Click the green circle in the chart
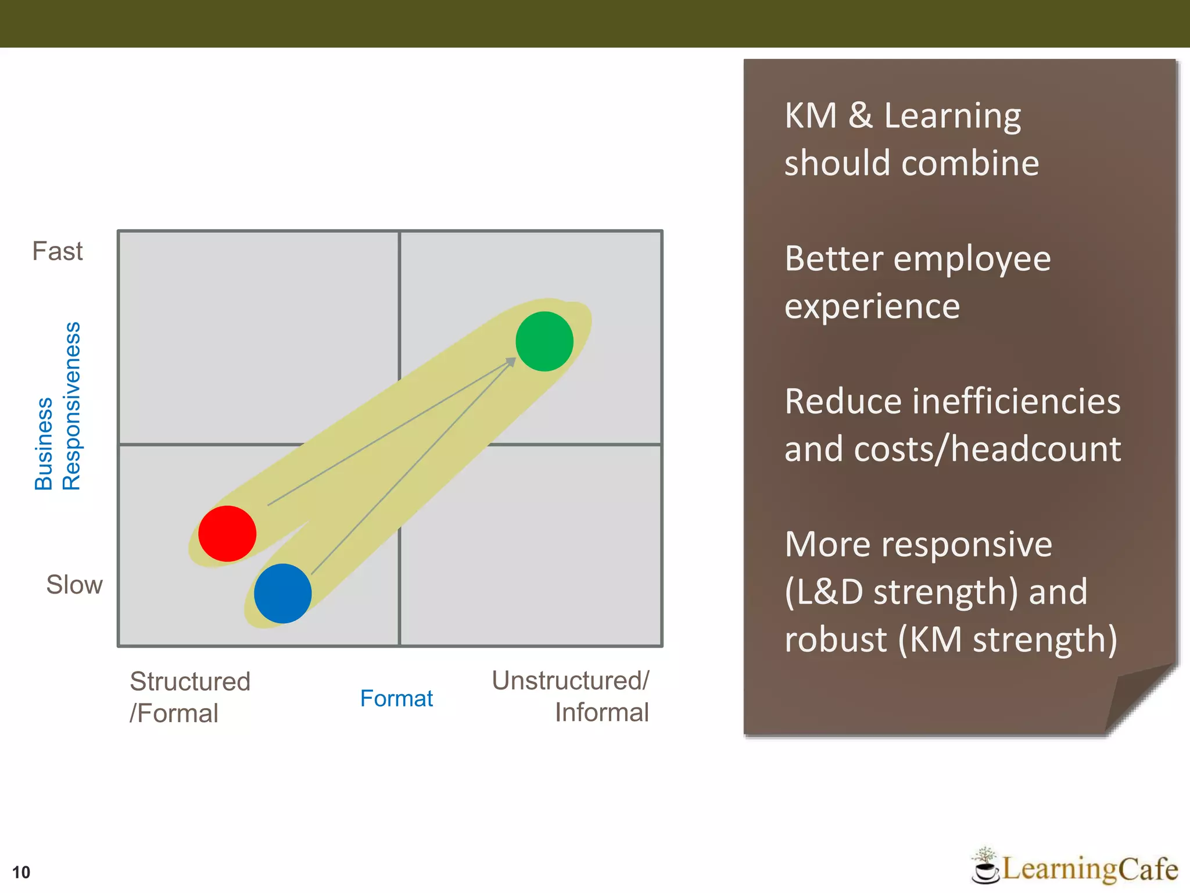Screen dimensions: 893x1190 (x=544, y=341)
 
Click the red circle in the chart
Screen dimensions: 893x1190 (x=227, y=533)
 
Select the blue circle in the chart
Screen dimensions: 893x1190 (x=283, y=593)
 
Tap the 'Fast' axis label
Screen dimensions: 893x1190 (x=58, y=251)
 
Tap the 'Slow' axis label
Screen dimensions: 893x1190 (x=74, y=584)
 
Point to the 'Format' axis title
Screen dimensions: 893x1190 (x=396, y=698)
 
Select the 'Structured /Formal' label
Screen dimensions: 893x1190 (x=189, y=697)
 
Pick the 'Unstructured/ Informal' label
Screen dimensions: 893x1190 (x=571, y=696)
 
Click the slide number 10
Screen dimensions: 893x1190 (x=21, y=872)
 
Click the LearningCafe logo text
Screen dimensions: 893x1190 (x=1090, y=869)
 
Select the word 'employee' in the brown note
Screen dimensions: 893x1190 (x=972, y=259)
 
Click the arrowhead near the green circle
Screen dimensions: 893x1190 (x=510, y=362)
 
